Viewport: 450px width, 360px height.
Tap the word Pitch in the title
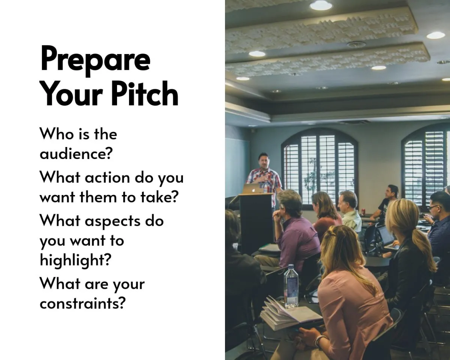click(x=144, y=93)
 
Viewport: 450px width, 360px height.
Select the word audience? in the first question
click(x=76, y=153)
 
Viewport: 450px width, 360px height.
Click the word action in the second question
click(x=108, y=177)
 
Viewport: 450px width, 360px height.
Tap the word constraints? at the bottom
click(x=82, y=303)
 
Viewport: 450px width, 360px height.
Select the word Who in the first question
click(x=57, y=134)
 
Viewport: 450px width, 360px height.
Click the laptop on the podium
click(x=253, y=189)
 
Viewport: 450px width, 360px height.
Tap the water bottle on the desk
click(x=291, y=286)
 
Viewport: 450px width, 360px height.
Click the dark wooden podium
click(x=256, y=222)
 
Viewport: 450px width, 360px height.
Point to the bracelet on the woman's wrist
click(x=319, y=341)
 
